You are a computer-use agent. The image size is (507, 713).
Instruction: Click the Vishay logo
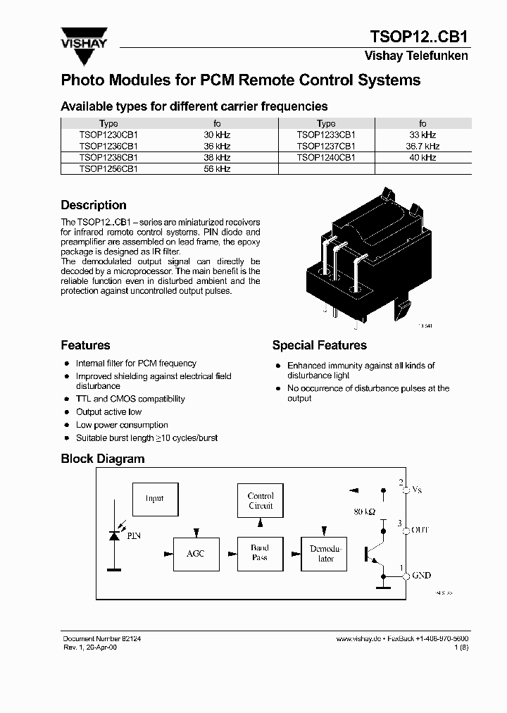pos(84,37)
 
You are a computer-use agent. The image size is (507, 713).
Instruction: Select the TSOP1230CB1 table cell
pos(108,135)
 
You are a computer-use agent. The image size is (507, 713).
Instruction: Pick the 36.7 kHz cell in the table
pos(423,147)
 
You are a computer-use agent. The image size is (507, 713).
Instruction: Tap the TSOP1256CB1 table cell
pos(108,169)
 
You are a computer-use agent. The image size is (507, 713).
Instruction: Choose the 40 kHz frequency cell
pos(423,158)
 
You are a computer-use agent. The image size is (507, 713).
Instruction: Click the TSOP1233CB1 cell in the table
pos(326,135)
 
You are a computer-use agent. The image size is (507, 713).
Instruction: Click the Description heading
pos(94,205)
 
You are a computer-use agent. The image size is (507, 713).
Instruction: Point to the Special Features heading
pos(319,345)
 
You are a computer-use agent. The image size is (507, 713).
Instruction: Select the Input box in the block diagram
pos(155,499)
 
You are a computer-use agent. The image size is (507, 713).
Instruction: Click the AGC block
pos(195,553)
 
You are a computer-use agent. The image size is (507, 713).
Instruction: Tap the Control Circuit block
pos(261,501)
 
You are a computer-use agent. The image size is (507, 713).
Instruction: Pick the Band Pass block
pos(260,552)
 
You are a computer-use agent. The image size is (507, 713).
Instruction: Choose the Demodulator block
pos(326,553)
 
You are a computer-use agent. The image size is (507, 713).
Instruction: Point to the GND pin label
pos(421,576)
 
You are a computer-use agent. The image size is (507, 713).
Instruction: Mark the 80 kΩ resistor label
pos(364,511)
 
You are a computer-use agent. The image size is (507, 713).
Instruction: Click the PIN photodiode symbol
pos(114,536)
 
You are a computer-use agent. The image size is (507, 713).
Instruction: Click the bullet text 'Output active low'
pos(108,412)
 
